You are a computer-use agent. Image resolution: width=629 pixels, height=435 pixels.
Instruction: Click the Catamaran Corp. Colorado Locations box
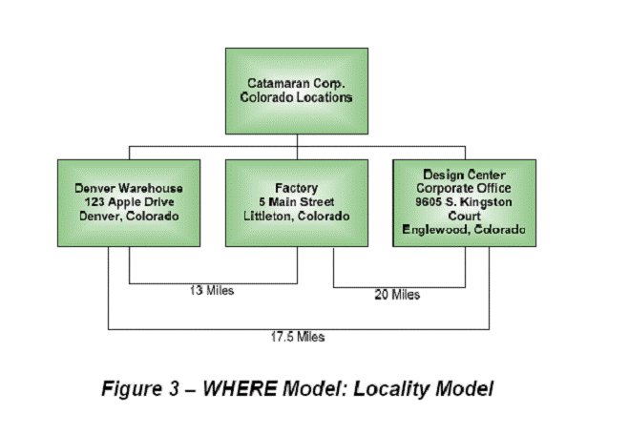point(297,91)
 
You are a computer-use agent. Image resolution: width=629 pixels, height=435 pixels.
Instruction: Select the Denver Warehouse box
point(129,203)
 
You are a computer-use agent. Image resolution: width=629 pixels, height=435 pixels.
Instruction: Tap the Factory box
point(297,203)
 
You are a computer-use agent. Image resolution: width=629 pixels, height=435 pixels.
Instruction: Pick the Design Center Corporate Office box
point(464,203)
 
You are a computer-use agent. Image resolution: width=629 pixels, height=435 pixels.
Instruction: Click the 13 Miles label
point(212,290)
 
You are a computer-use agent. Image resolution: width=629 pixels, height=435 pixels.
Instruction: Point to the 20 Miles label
point(397,295)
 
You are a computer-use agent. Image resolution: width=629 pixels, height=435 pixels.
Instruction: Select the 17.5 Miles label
point(298,337)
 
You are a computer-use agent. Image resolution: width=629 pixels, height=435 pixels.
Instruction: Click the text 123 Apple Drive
point(129,202)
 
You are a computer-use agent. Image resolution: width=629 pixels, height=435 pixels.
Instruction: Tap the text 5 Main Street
point(297,201)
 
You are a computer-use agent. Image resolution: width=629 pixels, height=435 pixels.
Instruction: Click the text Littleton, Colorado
point(297,217)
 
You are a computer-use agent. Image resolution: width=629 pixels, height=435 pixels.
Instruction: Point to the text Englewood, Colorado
point(464,229)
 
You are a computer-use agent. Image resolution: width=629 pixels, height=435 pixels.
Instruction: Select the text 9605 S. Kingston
point(464,201)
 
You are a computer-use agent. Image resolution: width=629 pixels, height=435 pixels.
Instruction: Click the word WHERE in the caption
point(240,388)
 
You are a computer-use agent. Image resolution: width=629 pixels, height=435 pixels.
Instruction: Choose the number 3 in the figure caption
point(174,388)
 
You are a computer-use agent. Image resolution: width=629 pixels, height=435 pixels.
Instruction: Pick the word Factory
point(297,188)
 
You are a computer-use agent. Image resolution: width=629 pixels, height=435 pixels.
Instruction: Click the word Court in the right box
point(464,216)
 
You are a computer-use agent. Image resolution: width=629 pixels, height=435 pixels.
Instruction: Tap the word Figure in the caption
point(130,389)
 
